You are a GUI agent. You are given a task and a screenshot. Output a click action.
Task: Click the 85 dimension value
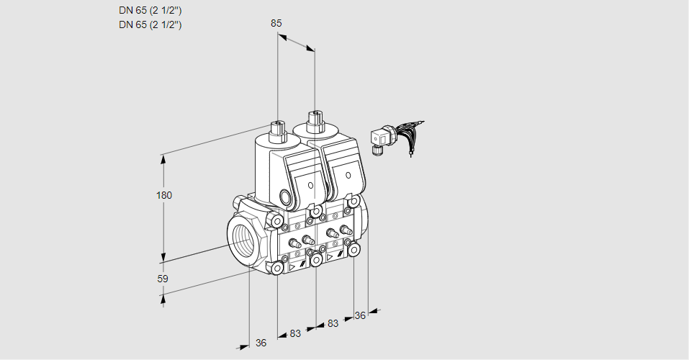click(x=276, y=23)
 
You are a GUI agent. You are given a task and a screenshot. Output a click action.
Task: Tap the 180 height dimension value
click(x=164, y=195)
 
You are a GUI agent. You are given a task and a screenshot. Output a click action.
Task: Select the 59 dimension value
click(x=163, y=279)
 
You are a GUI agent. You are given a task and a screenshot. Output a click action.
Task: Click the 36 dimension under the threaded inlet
click(x=261, y=343)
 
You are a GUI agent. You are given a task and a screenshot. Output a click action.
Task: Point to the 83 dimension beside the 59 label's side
click(x=295, y=333)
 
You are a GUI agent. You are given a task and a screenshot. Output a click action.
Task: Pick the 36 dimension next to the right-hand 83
click(x=360, y=315)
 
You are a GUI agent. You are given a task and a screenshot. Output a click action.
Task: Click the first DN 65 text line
click(x=150, y=11)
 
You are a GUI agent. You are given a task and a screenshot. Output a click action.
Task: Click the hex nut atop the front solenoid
click(x=277, y=129)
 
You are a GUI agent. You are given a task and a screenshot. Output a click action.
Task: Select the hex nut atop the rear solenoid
click(x=315, y=120)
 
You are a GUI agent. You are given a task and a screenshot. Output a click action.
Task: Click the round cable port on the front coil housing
click(x=287, y=197)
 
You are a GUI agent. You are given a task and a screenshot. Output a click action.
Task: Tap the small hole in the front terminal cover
click(x=311, y=185)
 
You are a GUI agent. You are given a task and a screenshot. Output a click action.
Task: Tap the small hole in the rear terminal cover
click(x=348, y=176)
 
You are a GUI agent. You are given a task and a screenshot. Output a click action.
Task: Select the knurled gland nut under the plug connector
click(x=375, y=150)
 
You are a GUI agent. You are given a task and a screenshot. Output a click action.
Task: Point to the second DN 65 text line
click(x=150, y=24)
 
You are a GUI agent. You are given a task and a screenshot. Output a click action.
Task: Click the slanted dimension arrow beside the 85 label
click(x=296, y=43)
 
